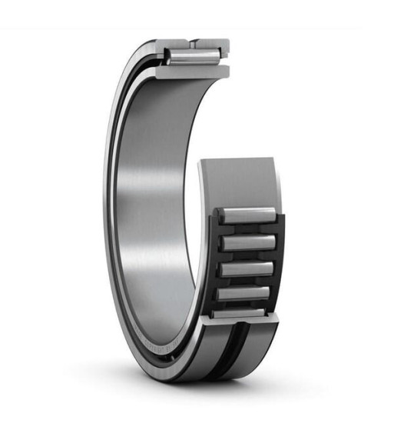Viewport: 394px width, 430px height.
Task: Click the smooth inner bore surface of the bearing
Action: pos(154,192)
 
